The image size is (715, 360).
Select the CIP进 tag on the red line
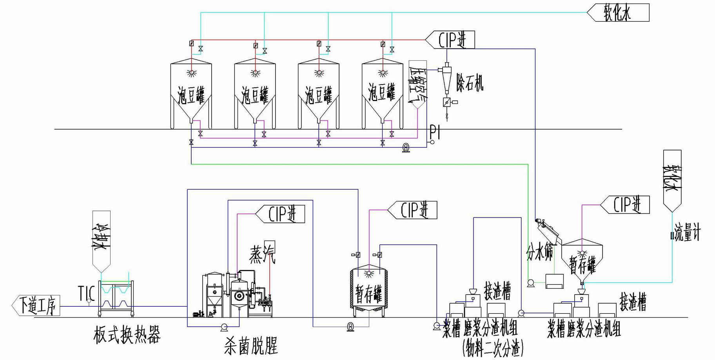pos(451,40)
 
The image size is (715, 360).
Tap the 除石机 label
pos(469,82)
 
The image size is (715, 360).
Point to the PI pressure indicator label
pos(435,132)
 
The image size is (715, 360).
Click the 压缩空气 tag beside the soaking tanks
pos(417,84)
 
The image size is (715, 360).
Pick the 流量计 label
pos(687,232)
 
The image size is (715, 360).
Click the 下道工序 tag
pos(36,306)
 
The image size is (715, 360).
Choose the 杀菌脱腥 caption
pos(251,346)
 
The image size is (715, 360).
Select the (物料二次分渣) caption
pos(493,347)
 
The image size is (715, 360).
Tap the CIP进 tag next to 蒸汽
pos(281,214)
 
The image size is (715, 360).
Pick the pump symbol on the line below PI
pos(406,148)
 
